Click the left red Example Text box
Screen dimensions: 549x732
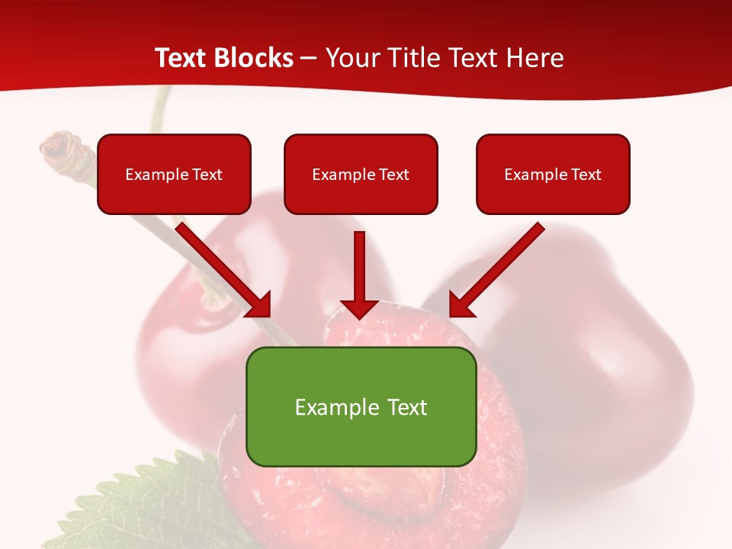174,175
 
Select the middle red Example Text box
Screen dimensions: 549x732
361,175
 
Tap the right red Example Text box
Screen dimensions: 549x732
553,175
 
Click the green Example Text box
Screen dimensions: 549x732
361,406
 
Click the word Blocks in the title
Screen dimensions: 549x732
254,58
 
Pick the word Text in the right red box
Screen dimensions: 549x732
586,175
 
